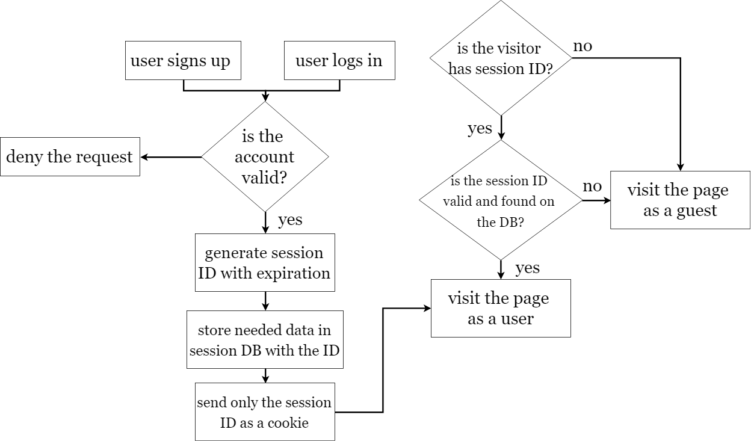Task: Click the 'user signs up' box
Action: click(x=183, y=60)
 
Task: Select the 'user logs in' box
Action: click(x=339, y=60)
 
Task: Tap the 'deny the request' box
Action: click(x=70, y=156)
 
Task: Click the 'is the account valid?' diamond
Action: click(x=265, y=156)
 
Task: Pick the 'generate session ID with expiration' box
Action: click(x=265, y=262)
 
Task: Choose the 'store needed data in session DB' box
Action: click(x=265, y=339)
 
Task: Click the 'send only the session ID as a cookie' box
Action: click(x=265, y=412)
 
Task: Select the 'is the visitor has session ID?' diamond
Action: click(x=501, y=58)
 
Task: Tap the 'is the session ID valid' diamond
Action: click(x=501, y=200)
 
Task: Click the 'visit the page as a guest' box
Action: click(x=680, y=200)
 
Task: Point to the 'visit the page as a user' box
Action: click(x=501, y=308)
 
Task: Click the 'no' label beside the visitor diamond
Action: click(x=583, y=46)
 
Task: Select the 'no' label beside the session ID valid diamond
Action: click(x=592, y=187)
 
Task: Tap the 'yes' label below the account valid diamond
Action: click(x=290, y=220)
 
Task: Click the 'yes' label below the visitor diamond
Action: click(x=480, y=128)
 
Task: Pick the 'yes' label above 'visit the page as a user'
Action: click(x=528, y=268)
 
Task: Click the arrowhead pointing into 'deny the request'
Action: click(x=144, y=157)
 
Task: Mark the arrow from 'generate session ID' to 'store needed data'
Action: click(x=265, y=301)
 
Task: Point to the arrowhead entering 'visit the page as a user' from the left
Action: click(x=427, y=308)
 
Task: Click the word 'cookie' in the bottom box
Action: click(x=288, y=423)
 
